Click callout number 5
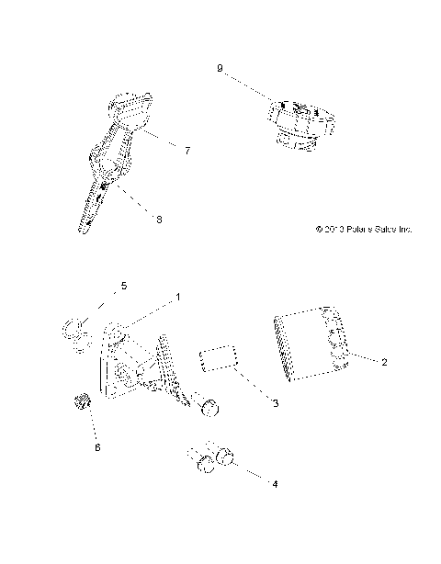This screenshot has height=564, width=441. tap(125, 287)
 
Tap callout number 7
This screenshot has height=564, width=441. tap(187, 149)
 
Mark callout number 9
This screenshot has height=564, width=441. tap(220, 68)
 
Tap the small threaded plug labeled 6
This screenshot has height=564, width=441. tap(79, 400)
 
